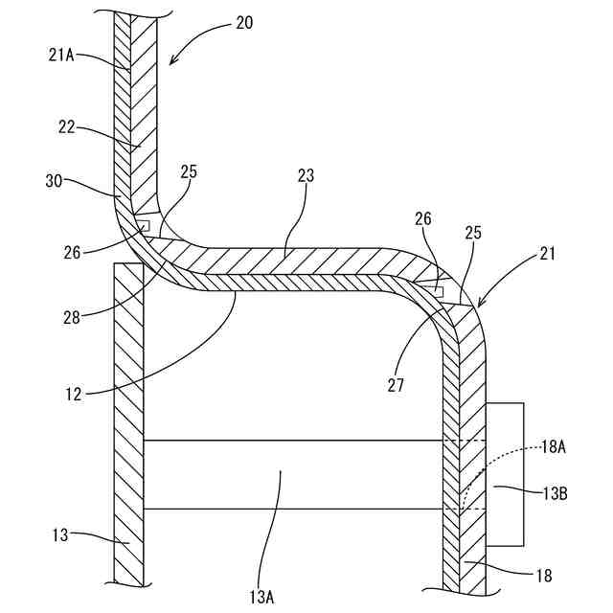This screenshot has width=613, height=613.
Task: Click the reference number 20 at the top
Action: [x=244, y=22]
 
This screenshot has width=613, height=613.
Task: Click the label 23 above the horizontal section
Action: [x=306, y=175]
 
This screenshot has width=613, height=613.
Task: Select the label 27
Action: [x=397, y=385]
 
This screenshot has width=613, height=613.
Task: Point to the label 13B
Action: [x=555, y=492]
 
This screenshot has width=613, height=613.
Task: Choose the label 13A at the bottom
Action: [x=262, y=596]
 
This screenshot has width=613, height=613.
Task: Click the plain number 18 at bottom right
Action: [x=542, y=576]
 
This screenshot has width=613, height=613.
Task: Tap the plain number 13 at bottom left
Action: [x=60, y=534]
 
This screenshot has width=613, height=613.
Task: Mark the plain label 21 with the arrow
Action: [x=546, y=254]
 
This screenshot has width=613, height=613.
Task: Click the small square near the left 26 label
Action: [x=143, y=226]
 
